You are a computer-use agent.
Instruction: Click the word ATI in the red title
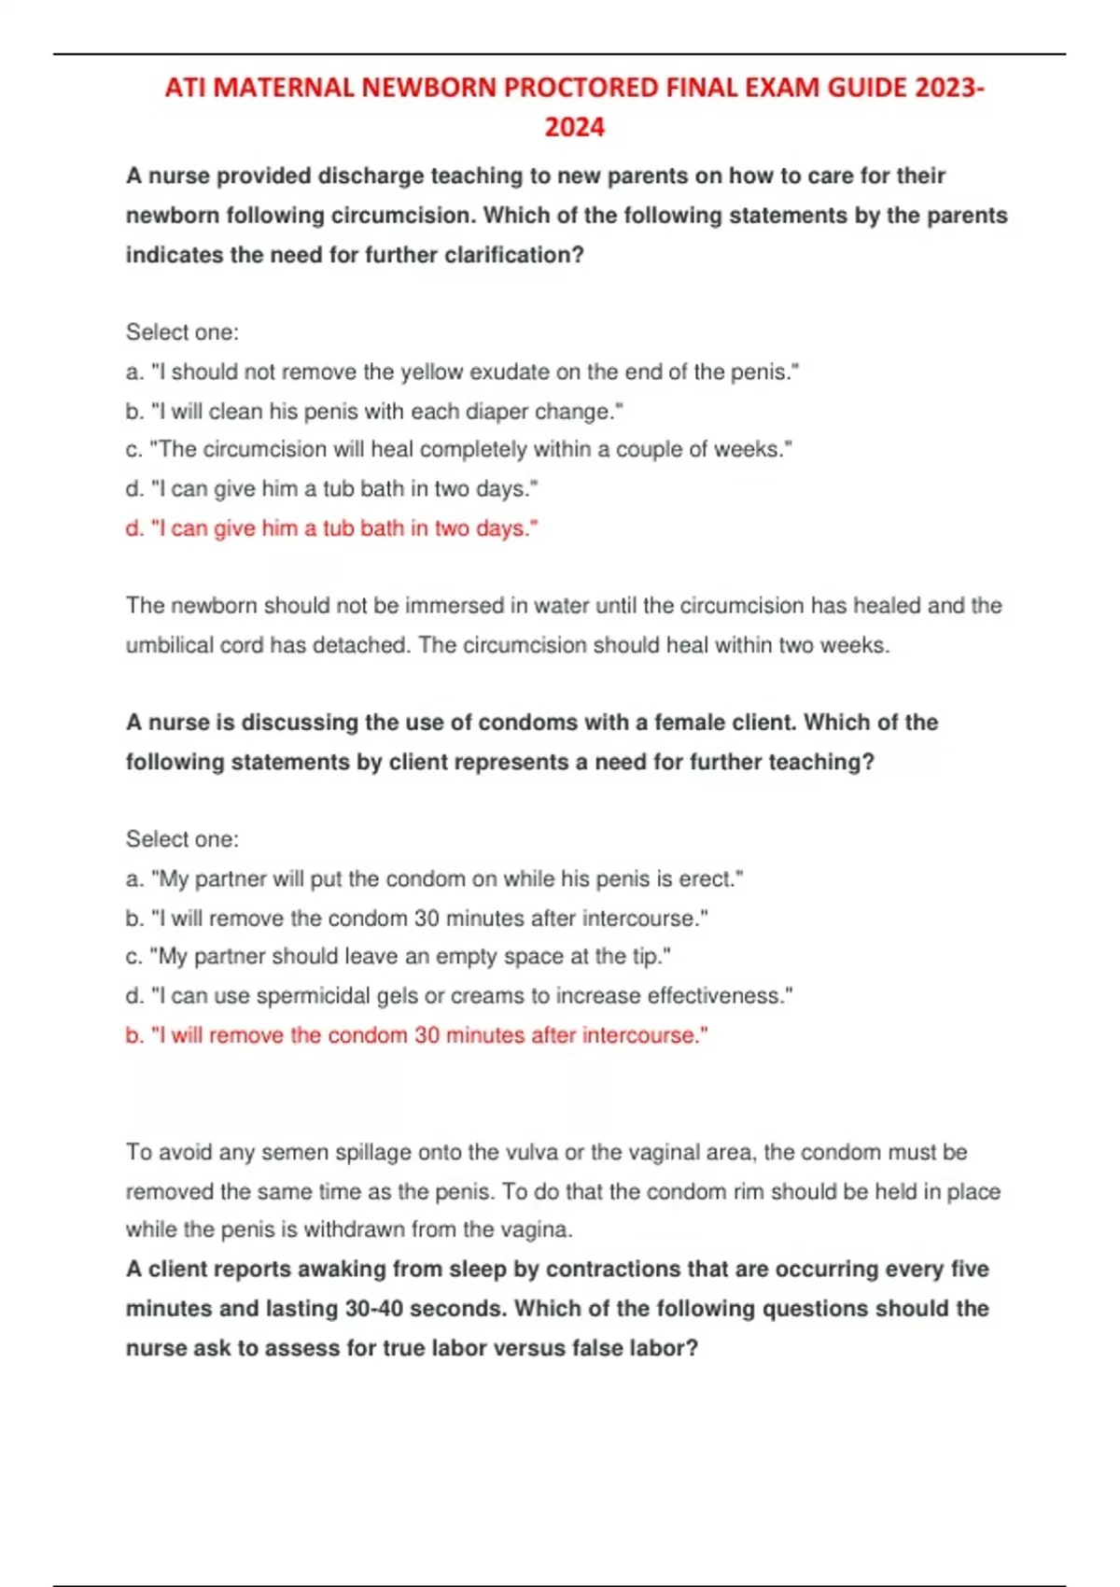coord(185,88)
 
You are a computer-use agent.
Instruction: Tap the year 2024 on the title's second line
coord(574,127)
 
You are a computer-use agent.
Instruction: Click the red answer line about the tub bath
coord(332,528)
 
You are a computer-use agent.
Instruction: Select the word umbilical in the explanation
coord(171,645)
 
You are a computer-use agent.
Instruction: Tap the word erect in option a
coord(708,879)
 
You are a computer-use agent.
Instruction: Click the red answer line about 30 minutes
coord(416,1035)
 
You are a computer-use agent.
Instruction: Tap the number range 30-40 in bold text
coord(373,1309)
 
